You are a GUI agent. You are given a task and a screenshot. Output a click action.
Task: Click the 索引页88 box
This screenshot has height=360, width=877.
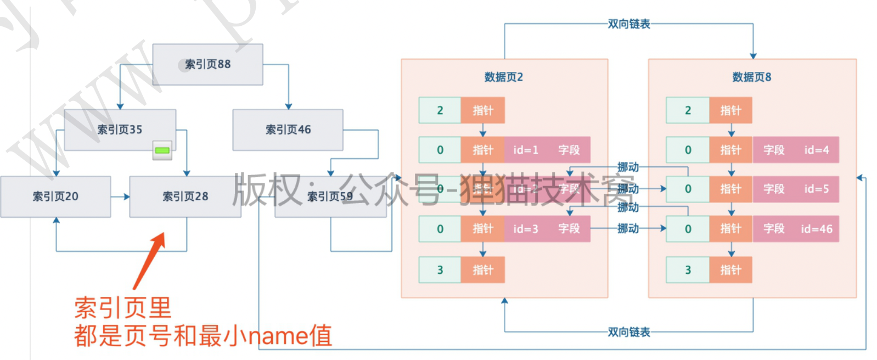(207, 64)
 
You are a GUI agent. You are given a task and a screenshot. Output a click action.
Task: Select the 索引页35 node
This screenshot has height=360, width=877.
(120, 130)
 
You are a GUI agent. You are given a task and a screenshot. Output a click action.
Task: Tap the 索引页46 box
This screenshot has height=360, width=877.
(288, 130)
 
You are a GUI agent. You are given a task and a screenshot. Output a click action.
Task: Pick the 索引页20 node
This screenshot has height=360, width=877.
(55, 196)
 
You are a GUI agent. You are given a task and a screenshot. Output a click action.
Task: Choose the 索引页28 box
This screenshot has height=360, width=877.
(185, 196)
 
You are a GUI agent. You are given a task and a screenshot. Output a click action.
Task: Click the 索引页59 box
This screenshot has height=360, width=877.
(330, 196)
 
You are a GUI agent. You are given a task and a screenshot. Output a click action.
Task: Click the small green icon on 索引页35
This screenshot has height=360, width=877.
(162, 150)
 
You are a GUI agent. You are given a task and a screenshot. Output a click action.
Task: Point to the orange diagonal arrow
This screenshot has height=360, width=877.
(149, 261)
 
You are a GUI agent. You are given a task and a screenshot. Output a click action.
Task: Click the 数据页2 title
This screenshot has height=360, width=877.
(503, 77)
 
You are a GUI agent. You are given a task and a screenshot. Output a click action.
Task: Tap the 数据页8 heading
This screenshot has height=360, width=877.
(751, 77)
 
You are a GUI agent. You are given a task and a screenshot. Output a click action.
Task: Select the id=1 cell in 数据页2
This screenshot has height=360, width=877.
(526, 150)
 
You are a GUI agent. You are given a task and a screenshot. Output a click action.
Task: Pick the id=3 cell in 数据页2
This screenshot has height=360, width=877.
(526, 229)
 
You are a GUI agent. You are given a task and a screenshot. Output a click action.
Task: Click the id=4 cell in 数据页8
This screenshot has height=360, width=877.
(817, 150)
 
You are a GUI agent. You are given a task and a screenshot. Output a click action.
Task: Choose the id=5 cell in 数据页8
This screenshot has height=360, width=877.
(817, 189)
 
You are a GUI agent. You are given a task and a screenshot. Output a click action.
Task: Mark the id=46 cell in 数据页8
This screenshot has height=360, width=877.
(817, 229)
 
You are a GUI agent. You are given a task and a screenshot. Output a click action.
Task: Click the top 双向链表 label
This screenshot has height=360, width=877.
(628, 24)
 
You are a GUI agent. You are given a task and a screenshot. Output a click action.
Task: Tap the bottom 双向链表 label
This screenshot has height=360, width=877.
(628, 332)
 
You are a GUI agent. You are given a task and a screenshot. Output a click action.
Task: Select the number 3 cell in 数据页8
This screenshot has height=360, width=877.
(688, 270)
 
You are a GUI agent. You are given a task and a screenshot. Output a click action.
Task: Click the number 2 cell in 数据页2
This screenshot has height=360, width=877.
(440, 110)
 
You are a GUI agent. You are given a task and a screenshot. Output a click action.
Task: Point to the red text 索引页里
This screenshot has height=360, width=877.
(123, 308)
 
